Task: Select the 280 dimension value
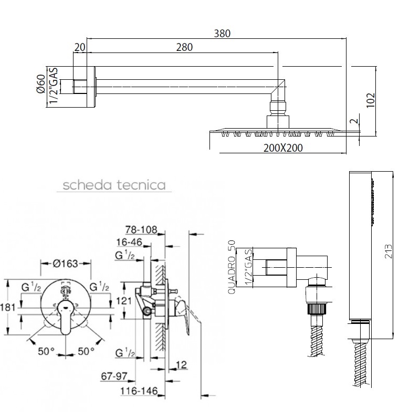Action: click(184, 47)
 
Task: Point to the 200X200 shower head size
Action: click(283, 148)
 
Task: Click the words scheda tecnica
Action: click(114, 185)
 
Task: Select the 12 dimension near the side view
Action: click(182, 364)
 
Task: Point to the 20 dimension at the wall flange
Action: click(80, 47)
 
